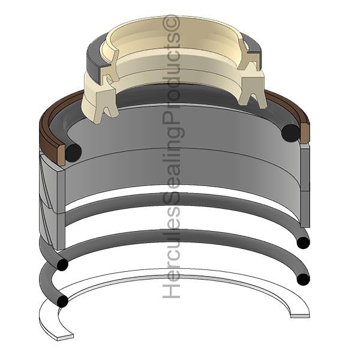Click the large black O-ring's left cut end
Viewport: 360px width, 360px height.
(x=73, y=152)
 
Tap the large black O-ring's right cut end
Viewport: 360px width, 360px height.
(x=291, y=133)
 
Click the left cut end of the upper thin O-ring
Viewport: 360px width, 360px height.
(x=62, y=265)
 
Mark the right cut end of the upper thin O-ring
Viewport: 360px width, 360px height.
(x=303, y=243)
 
